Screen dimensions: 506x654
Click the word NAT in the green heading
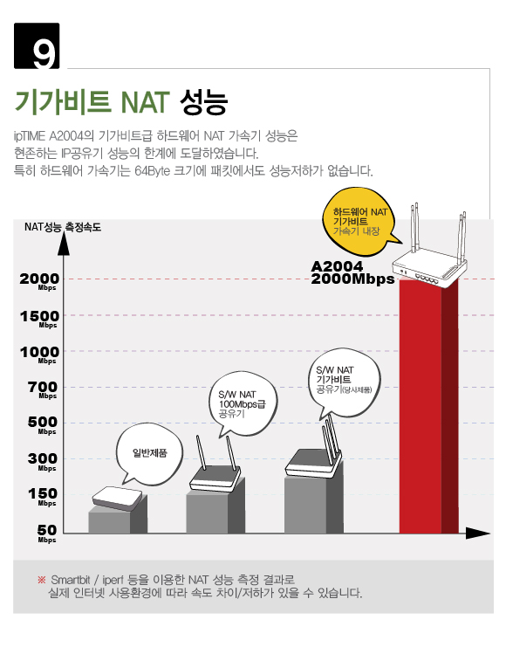click(x=145, y=102)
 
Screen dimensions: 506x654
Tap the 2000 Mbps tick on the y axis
click(x=39, y=281)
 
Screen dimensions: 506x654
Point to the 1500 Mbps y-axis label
click(x=39, y=319)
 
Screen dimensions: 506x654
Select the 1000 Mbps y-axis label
click(x=39, y=355)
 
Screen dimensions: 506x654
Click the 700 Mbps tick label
click(x=43, y=390)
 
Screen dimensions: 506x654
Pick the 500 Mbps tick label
click(x=43, y=425)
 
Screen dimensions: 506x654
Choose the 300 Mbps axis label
click(x=43, y=462)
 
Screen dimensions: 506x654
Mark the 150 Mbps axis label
click(x=43, y=497)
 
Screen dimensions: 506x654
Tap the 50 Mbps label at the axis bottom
click(x=47, y=534)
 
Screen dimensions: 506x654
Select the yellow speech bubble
click(x=359, y=222)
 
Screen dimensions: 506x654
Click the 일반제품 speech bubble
click(x=149, y=456)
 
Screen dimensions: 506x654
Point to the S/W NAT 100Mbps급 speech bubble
click(x=243, y=403)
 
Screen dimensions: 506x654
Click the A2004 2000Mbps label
click(x=352, y=272)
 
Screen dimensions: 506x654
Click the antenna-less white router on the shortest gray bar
click(x=118, y=498)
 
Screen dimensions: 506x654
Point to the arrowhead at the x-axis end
click(x=478, y=533)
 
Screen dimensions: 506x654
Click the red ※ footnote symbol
click(x=41, y=579)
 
